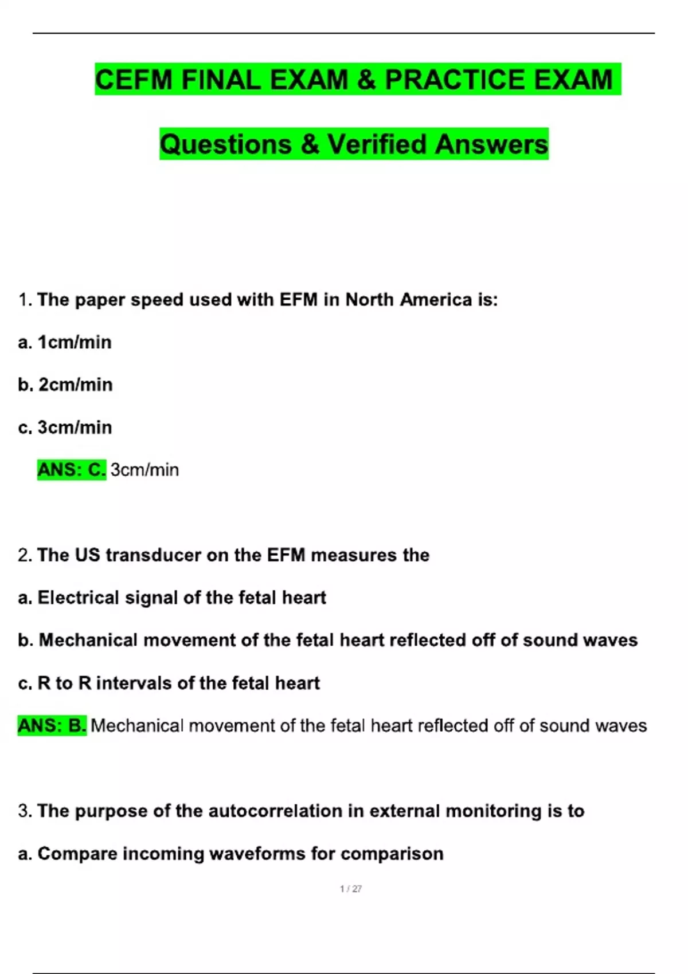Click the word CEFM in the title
133,80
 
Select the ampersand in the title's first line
366,80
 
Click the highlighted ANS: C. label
72,470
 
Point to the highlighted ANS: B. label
52,725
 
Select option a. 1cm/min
65,342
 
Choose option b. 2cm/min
65,384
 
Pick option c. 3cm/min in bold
65,427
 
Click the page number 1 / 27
351,889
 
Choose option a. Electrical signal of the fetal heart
172,598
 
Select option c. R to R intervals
169,683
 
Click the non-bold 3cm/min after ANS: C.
144,470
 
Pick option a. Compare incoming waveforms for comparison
230,854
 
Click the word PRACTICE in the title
454,80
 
